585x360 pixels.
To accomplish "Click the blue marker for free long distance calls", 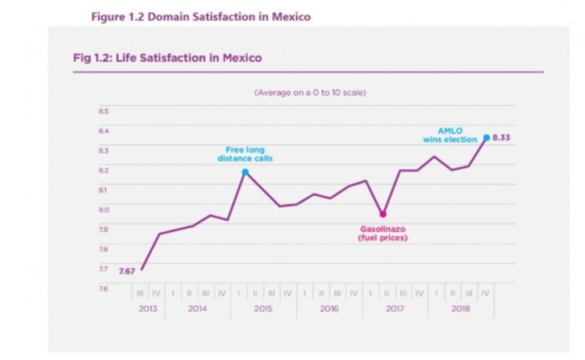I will click(245, 172).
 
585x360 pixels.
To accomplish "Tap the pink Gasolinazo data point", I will click(383, 214).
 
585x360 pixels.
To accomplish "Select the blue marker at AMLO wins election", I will click(486, 138).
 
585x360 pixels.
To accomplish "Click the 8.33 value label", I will click(501, 138).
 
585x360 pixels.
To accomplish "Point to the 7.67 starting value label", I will click(127, 271).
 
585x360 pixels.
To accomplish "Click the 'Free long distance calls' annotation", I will click(245, 154).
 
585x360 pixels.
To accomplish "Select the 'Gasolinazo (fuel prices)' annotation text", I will click(383, 233).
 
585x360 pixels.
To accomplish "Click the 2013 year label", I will click(148, 308).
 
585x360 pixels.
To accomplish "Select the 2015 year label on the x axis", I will click(263, 308).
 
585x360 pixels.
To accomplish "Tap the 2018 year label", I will click(461, 308).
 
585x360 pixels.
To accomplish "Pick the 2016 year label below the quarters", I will click(329, 308).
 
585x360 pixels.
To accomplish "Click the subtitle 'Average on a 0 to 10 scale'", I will click(310, 92).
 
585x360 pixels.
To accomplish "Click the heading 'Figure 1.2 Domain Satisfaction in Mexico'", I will click(201, 17).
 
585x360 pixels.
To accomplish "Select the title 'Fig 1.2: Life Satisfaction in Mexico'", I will click(167, 58).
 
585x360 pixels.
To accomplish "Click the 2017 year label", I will click(395, 308).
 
